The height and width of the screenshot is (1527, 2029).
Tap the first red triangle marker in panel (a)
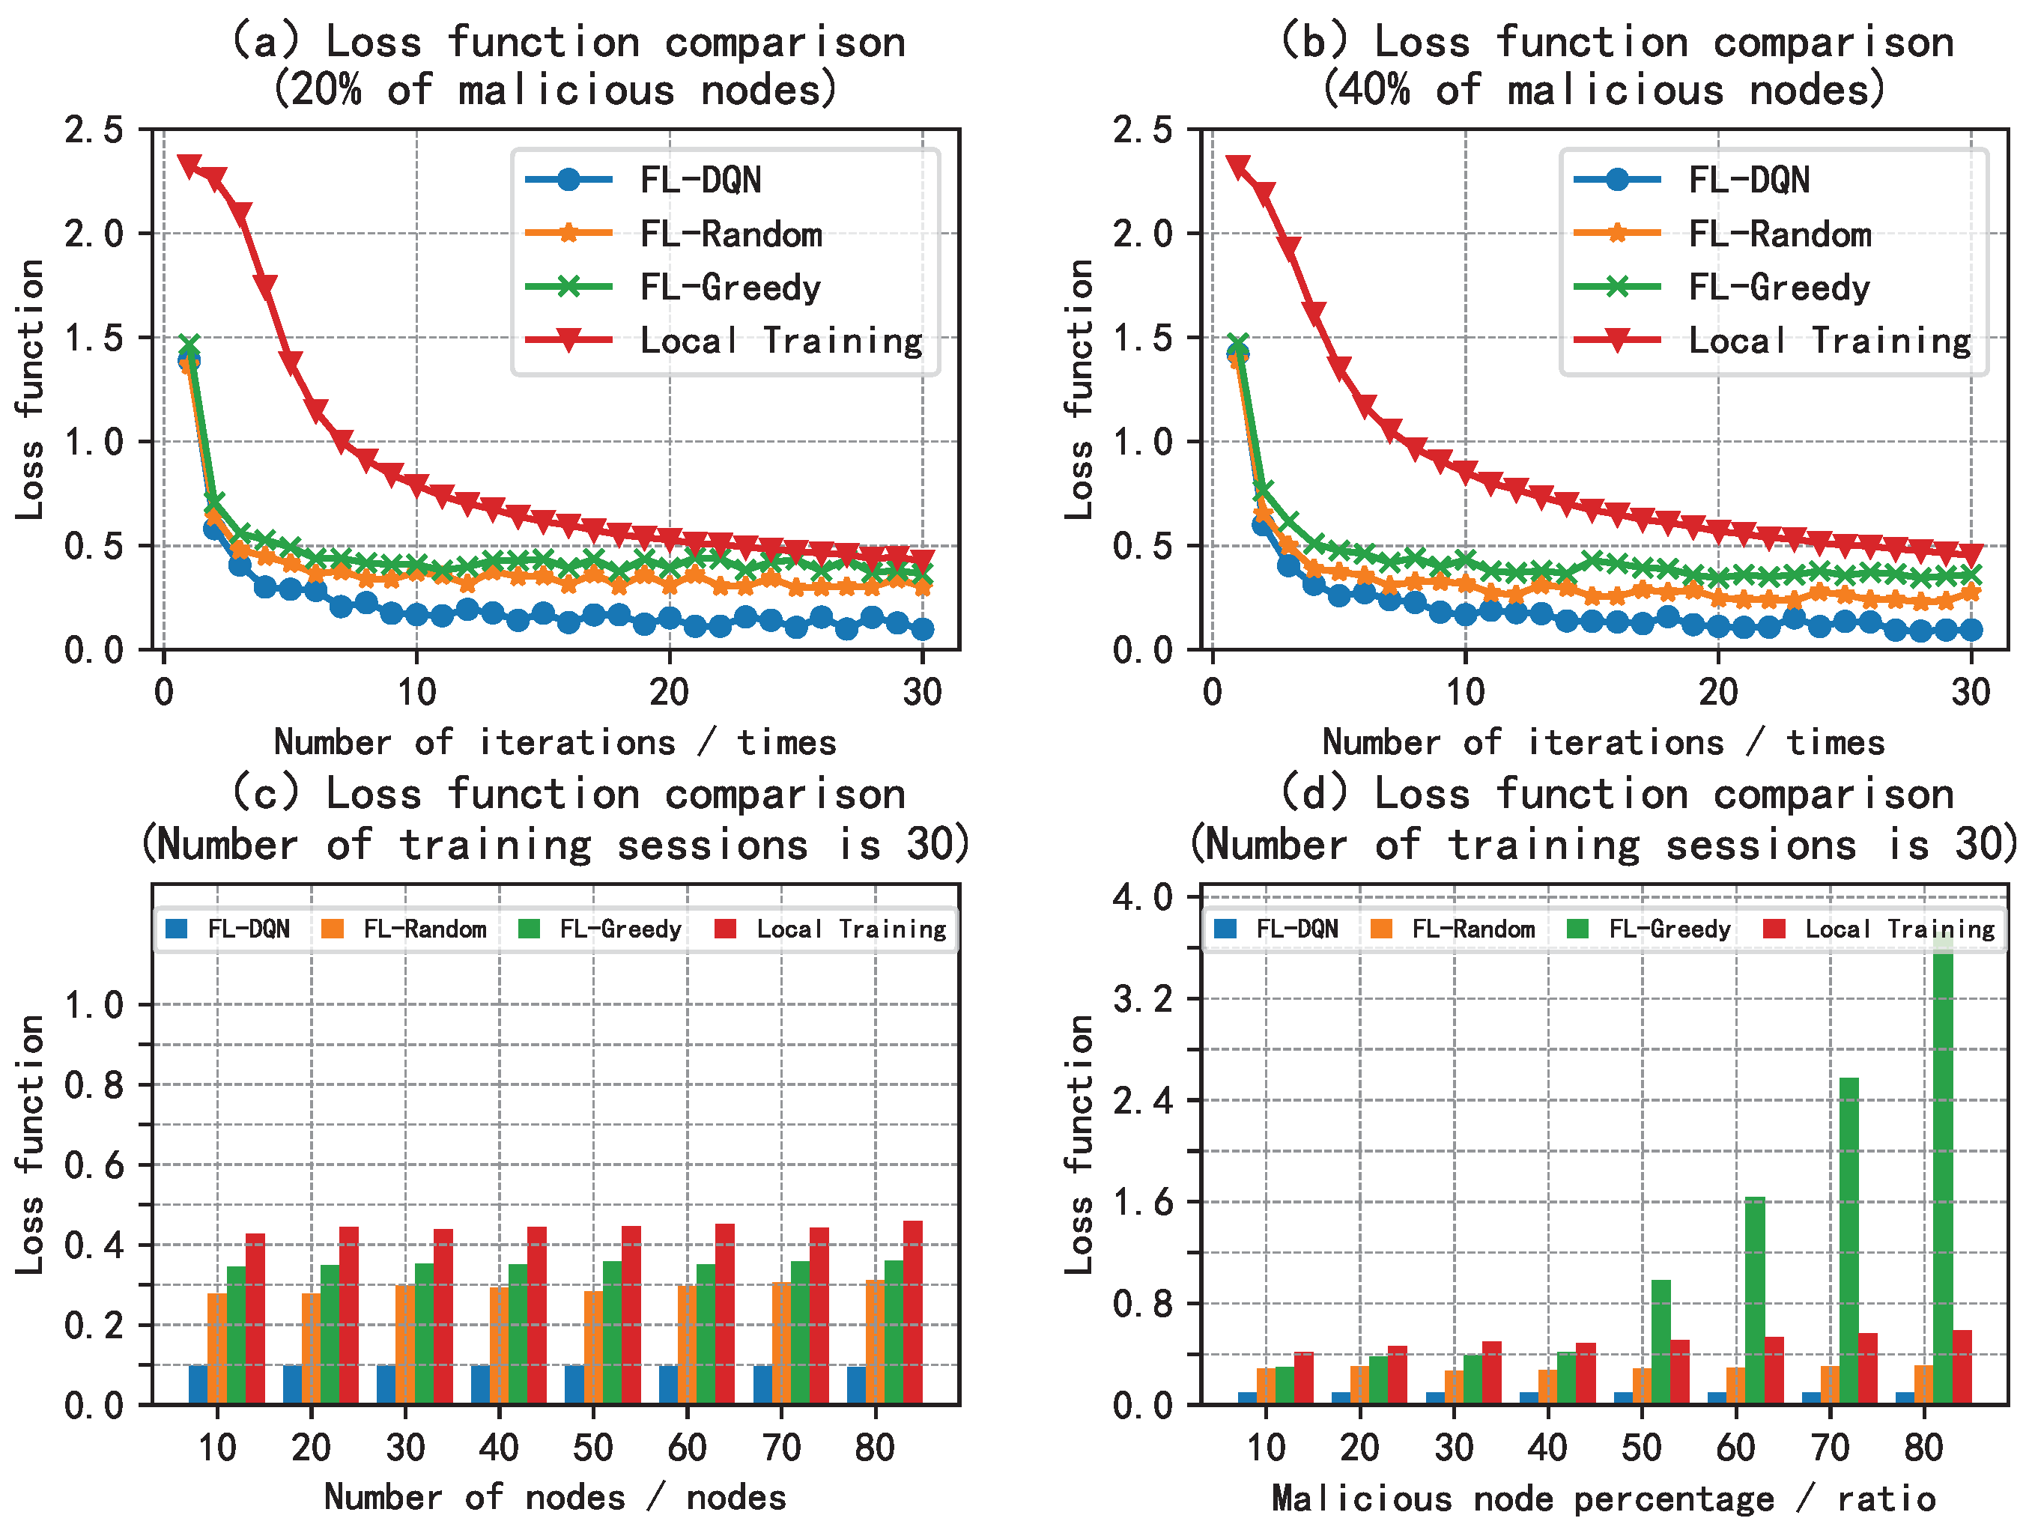tap(189, 166)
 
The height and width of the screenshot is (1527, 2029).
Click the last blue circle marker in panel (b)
tap(1971, 629)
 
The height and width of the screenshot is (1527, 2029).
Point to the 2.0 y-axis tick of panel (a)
tap(94, 234)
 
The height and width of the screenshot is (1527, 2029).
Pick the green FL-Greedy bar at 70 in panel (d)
tap(1848, 1240)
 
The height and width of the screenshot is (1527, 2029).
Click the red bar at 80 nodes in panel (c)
tap(913, 1311)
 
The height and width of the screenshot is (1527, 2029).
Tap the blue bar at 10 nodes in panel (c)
tap(198, 1384)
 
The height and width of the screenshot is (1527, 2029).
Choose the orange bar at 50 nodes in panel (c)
tap(593, 1347)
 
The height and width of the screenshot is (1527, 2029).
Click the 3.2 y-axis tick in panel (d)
tap(1142, 999)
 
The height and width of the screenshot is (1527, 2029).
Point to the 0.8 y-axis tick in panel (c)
tap(94, 1085)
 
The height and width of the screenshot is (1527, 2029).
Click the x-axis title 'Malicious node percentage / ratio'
tap(1603, 1499)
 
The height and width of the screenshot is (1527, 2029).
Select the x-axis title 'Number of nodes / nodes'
tap(555, 1497)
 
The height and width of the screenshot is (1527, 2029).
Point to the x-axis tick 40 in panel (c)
tap(498, 1447)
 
